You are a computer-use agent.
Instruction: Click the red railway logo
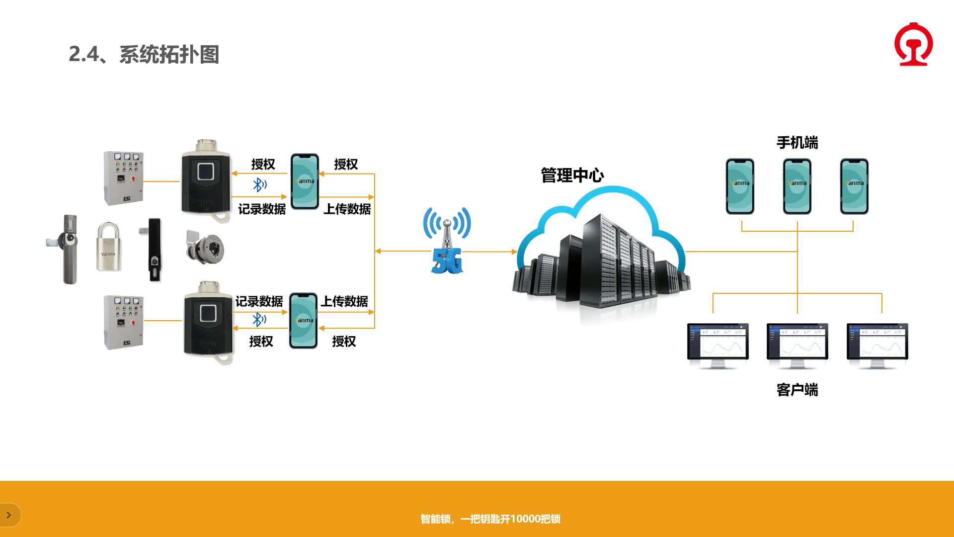913,44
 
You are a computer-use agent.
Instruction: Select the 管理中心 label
572,176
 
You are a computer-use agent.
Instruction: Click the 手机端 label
797,143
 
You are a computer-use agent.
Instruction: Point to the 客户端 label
797,390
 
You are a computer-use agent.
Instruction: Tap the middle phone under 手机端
797,186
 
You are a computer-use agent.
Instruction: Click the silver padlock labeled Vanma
108,247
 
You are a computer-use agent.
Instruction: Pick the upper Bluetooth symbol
259,185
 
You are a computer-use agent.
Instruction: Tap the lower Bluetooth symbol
258,319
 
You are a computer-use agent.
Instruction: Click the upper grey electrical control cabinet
124,178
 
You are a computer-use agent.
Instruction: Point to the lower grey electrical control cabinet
124,322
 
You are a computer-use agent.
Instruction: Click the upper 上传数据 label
347,209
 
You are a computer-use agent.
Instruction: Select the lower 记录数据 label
259,301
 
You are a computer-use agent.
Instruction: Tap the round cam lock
206,247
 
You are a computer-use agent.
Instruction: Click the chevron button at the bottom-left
9,515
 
